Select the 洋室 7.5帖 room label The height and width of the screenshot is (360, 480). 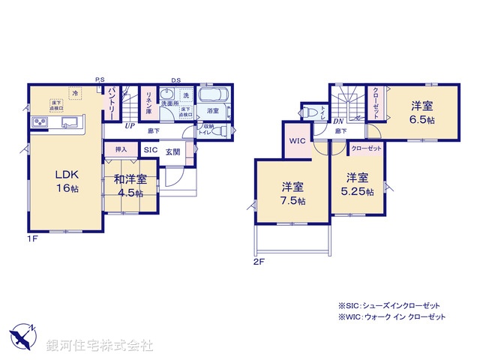pyautogui.click(x=293, y=193)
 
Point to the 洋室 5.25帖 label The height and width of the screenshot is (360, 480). pyautogui.click(x=358, y=184)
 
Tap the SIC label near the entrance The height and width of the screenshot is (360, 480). pyautogui.click(x=149, y=150)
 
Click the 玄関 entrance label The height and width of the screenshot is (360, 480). pyautogui.click(x=172, y=150)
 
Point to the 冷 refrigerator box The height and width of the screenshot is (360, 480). pyautogui.click(x=75, y=93)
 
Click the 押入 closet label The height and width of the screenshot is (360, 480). pyautogui.click(x=121, y=150)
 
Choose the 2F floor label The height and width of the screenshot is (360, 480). pyautogui.click(x=259, y=262)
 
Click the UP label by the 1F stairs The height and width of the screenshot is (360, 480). pyautogui.click(x=130, y=126)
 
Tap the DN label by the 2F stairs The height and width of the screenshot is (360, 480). pyautogui.click(x=338, y=121)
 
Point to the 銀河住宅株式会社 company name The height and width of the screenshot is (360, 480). pyautogui.click(x=100, y=346)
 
